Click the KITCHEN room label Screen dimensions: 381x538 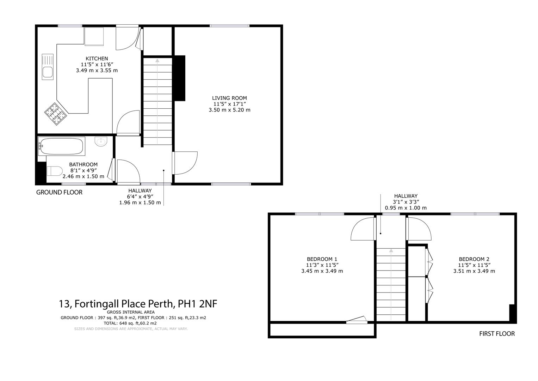tap(97, 59)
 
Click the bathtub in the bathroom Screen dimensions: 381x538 tap(62, 146)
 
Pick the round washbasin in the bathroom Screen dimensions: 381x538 tap(101, 141)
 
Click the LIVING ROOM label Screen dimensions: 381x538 tap(229, 98)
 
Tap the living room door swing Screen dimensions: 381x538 tap(185, 162)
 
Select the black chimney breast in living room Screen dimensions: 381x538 tap(180, 78)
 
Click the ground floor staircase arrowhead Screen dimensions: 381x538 tap(157, 60)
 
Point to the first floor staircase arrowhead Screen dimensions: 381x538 tap(391, 251)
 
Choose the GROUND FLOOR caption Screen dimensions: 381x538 tap(59, 192)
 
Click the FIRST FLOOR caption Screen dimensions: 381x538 tap(497, 333)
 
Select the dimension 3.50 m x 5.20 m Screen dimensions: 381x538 tap(229, 110)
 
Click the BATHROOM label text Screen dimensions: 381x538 tap(83, 164)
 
